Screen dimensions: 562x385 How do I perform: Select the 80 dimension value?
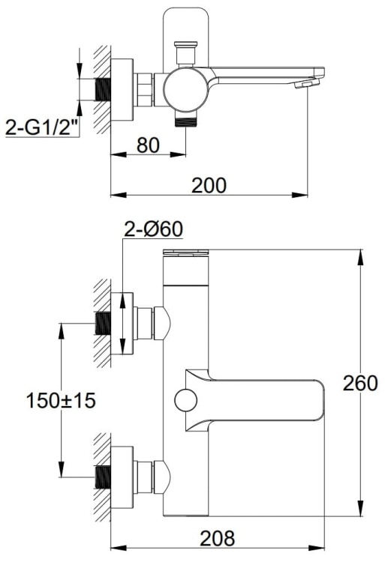click(148, 145)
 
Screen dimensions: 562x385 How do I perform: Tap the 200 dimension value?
click(209, 184)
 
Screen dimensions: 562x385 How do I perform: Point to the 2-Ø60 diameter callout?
click(152, 229)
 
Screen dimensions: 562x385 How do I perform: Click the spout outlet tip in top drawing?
click(303, 85)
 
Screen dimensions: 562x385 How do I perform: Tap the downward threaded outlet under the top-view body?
click(179, 120)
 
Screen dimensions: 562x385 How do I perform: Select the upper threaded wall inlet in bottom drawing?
click(104, 324)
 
